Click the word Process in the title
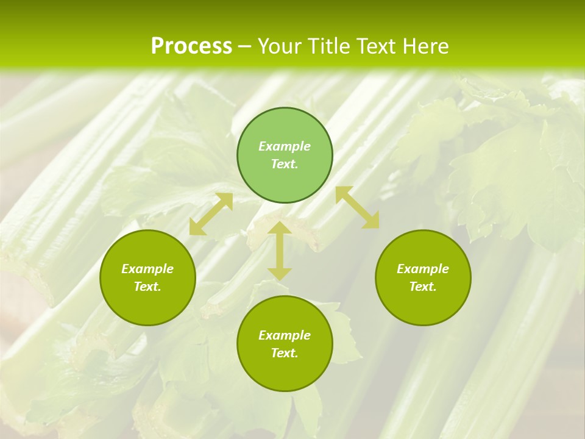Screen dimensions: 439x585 (x=191, y=46)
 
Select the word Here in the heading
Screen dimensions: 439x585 (x=425, y=46)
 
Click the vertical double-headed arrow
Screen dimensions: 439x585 (x=280, y=251)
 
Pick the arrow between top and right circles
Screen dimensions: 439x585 (x=357, y=207)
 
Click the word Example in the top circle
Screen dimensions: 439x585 (x=285, y=146)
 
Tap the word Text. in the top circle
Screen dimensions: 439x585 (x=285, y=164)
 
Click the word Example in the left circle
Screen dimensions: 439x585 (x=147, y=269)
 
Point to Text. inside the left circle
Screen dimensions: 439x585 (x=147, y=287)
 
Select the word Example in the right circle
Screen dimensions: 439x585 (x=423, y=269)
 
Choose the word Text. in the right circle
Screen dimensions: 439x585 (x=423, y=287)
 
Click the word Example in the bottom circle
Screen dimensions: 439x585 (x=285, y=335)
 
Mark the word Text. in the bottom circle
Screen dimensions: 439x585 (x=285, y=353)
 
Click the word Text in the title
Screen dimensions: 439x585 (x=375, y=46)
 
